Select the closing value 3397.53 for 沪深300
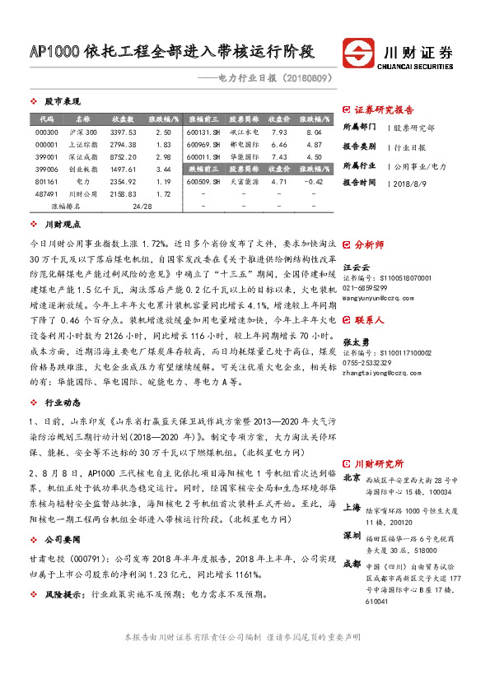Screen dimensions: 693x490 (x=122, y=132)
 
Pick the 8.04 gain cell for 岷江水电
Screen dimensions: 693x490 (x=313, y=132)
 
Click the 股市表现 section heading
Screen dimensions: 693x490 (x=63, y=101)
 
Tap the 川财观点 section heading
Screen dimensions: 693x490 (x=63, y=224)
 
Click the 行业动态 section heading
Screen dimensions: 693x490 (x=63, y=403)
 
